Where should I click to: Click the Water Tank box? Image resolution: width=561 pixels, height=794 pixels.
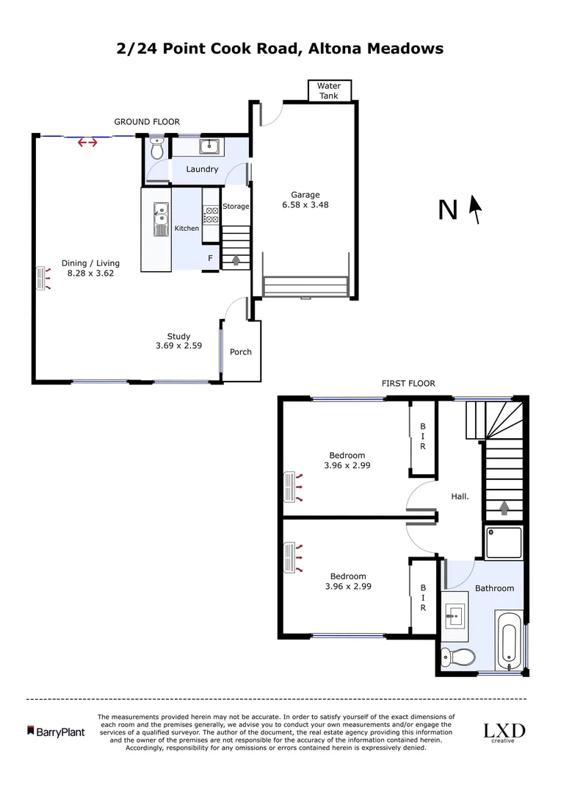[329, 90]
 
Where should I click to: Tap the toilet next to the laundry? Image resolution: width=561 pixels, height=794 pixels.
[156, 151]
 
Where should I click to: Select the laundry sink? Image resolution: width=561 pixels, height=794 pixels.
[211, 146]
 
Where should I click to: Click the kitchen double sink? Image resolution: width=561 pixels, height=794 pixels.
[159, 218]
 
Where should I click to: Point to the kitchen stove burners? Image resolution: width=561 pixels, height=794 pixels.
[211, 215]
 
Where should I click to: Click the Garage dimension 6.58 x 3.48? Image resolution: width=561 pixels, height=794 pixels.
[305, 205]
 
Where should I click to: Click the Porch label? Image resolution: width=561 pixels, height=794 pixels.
[241, 352]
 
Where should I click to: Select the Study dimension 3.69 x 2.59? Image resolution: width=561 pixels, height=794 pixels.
[178, 345]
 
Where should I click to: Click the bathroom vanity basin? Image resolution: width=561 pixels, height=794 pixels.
[455, 612]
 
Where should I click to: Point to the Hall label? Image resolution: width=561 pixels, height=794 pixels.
[460, 496]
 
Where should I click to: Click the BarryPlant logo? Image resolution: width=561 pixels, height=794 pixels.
[56, 732]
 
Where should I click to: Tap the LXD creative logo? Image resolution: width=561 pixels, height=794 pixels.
[504, 732]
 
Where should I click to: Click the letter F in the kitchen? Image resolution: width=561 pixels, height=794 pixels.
[210, 259]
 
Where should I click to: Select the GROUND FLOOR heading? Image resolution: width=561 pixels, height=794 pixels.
[147, 122]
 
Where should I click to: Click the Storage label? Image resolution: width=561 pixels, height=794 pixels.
[236, 207]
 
